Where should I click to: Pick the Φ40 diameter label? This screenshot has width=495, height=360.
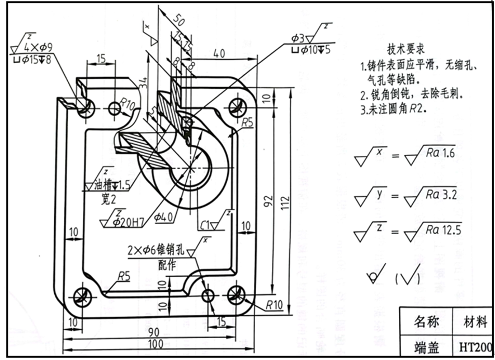(x=164, y=216)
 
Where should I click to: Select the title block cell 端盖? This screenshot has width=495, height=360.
(x=426, y=347)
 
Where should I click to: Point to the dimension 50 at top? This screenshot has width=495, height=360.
(x=179, y=21)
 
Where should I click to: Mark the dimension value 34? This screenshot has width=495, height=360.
(x=144, y=83)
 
